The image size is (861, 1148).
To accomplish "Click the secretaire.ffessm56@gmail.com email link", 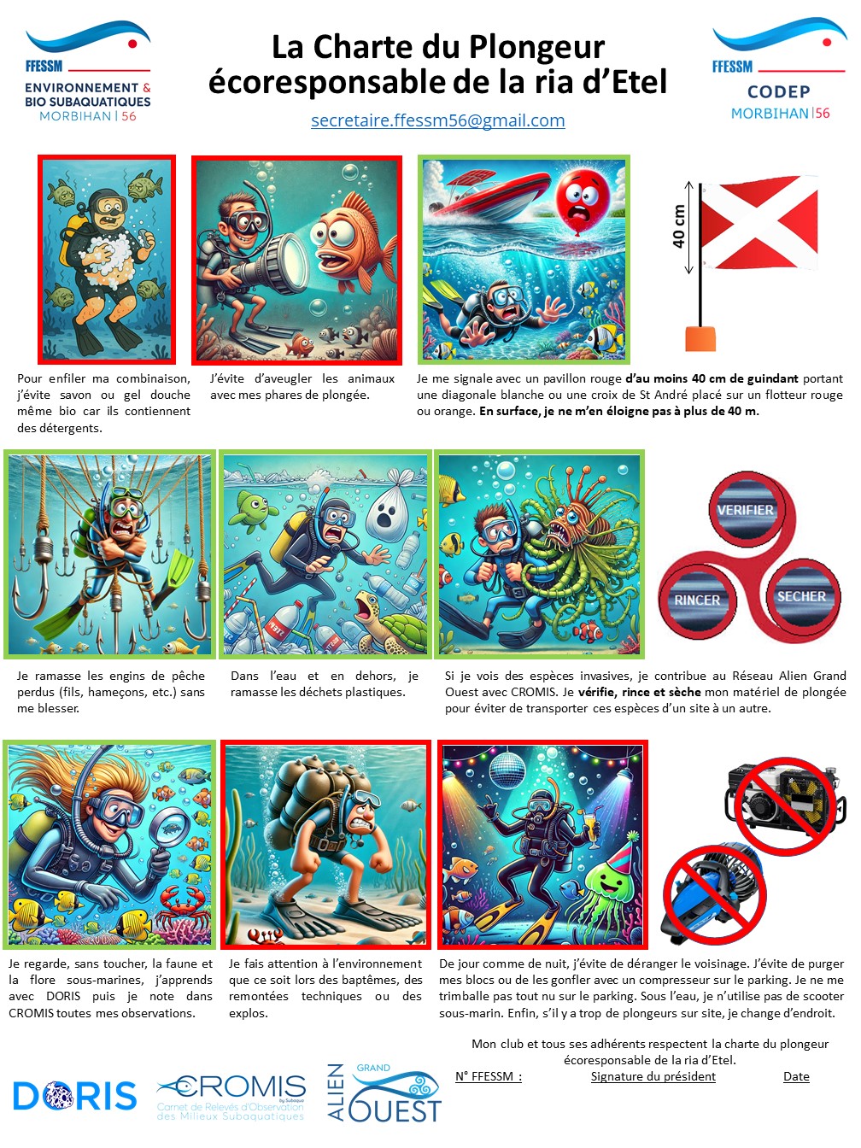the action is (x=437, y=120).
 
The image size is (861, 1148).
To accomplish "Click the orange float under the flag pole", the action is (x=700, y=338).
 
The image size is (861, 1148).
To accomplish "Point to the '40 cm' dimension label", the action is (x=678, y=226).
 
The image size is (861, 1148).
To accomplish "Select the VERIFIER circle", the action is (x=745, y=509).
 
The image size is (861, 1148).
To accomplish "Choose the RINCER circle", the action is (x=697, y=600).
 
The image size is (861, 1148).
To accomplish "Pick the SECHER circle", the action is (x=801, y=596).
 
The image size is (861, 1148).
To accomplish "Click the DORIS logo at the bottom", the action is (x=75, y=1095).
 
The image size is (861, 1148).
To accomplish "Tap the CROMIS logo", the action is (x=231, y=1098).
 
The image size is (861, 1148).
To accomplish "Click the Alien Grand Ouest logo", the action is (x=384, y=1093).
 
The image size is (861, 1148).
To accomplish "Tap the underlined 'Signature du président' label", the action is (x=653, y=1076).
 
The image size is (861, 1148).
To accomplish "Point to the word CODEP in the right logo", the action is (x=779, y=91).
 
